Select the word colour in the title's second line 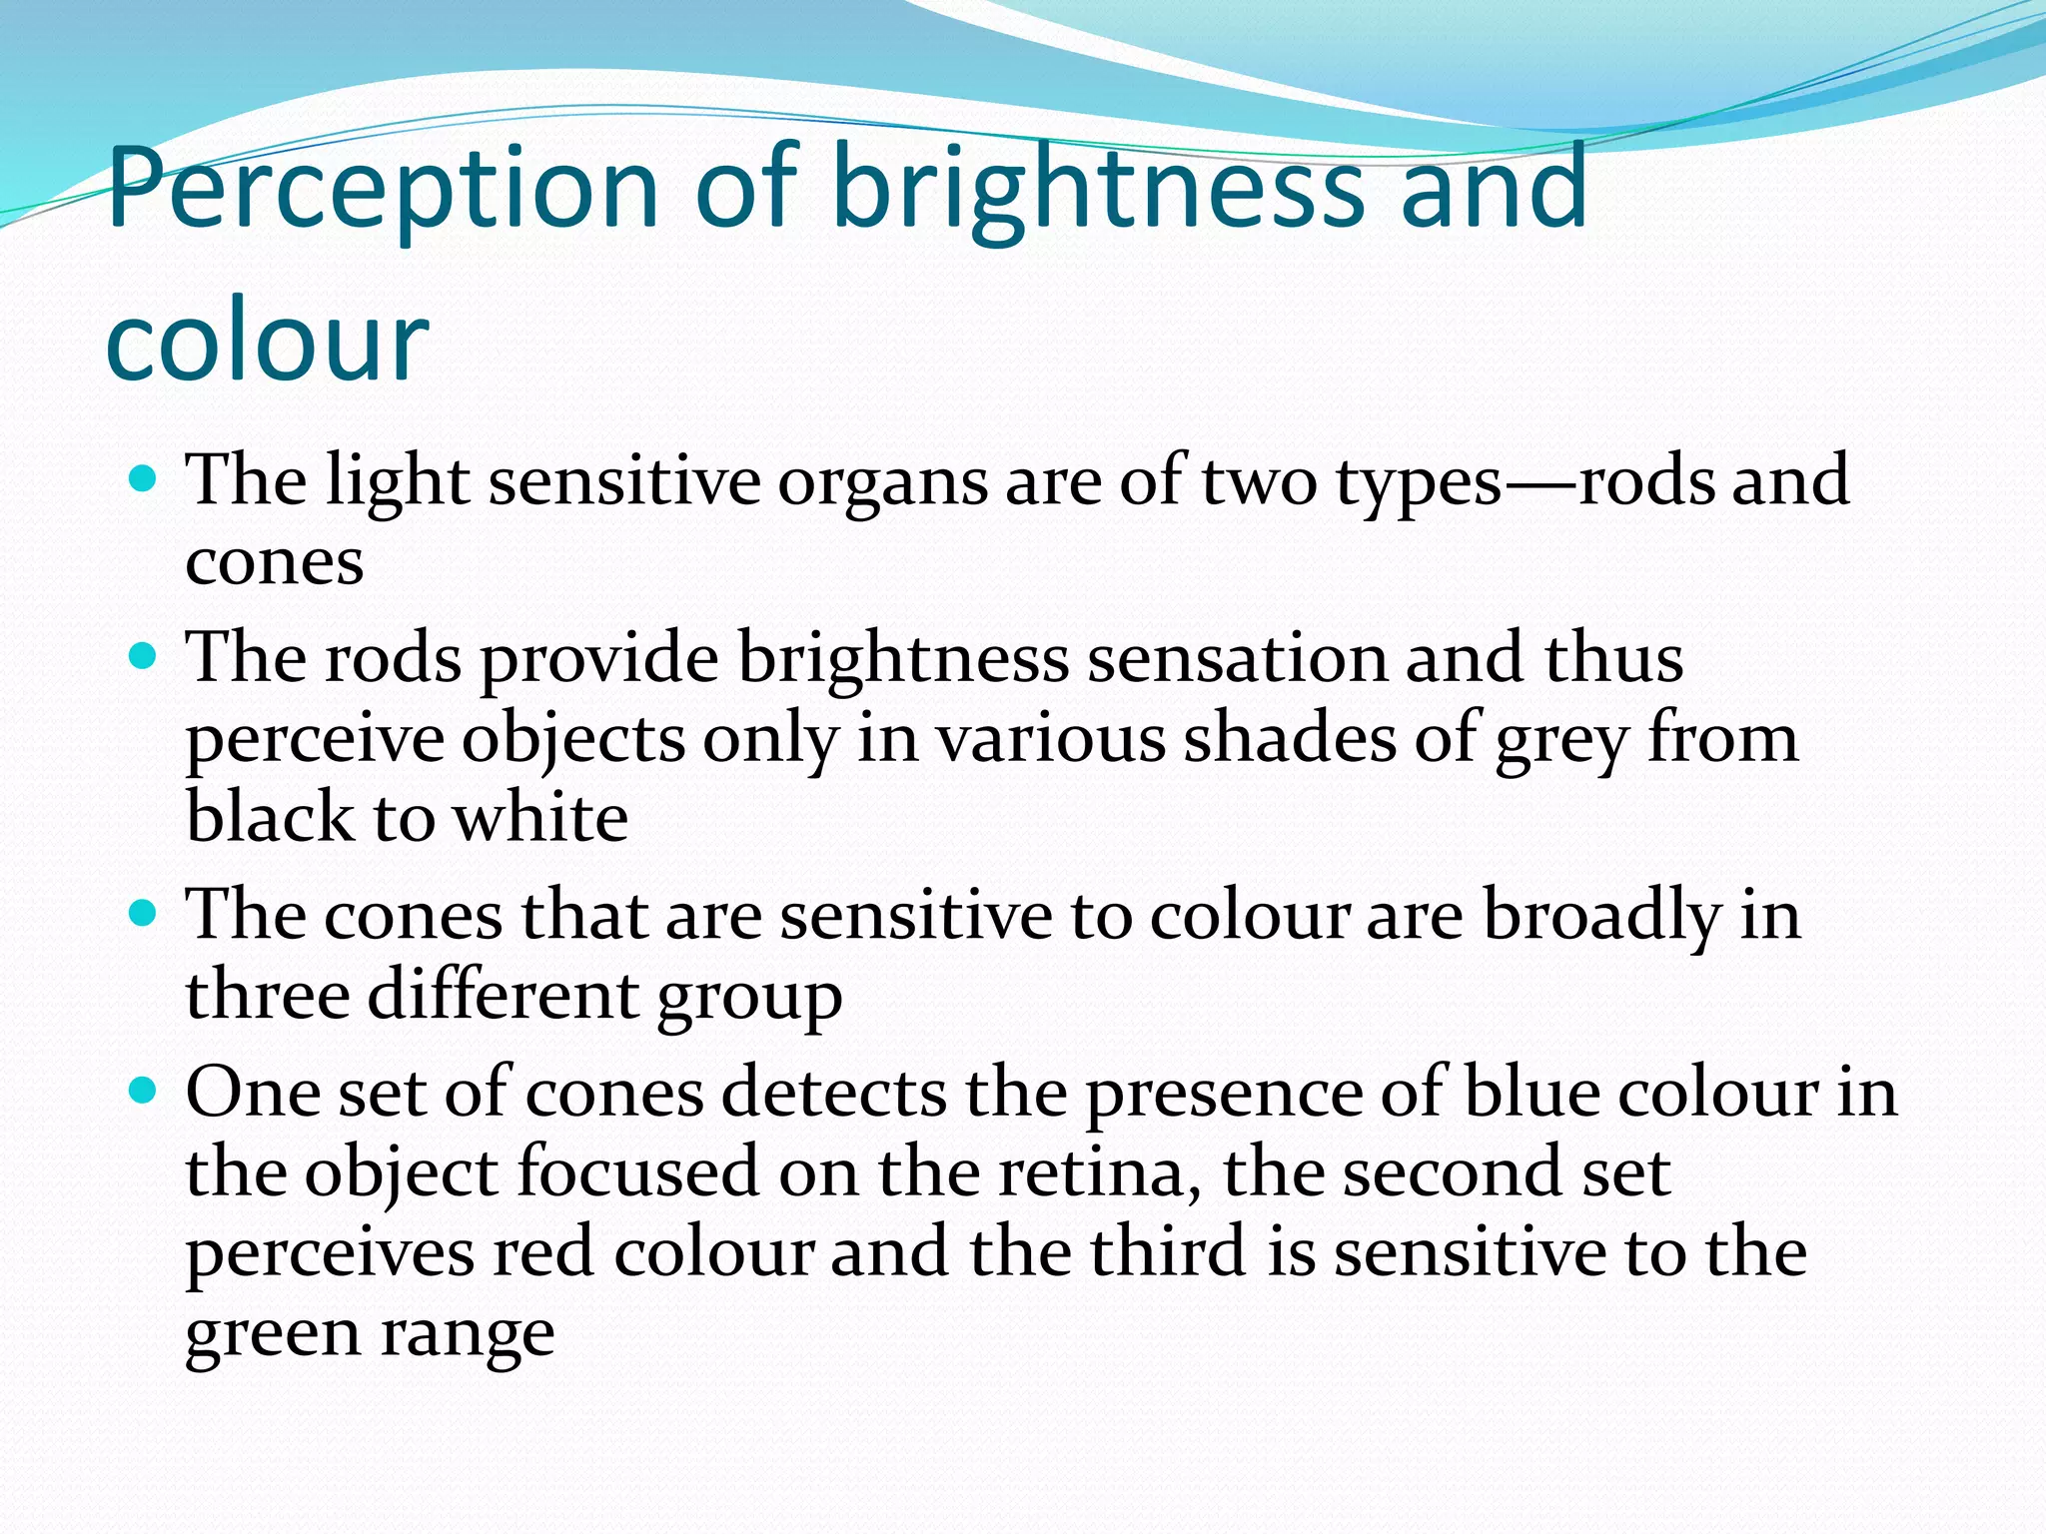pos(267,340)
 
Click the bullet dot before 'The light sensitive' pos(144,478)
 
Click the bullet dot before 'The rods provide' pos(144,656)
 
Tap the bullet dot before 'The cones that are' pos(144,913)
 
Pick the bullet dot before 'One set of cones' pos(144,1090)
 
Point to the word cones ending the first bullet pos(274,562)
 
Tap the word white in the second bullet pos(540,817)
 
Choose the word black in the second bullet pos(271,817)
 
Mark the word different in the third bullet pos(503,995)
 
